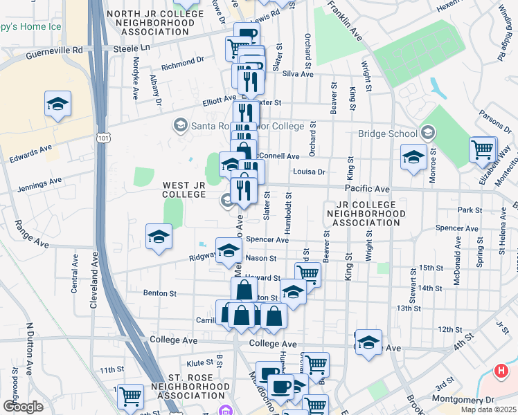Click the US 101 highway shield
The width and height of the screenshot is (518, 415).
point(103,138)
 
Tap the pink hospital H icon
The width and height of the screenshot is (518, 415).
point(503,371)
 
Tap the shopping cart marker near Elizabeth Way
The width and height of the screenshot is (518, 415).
point(482,149)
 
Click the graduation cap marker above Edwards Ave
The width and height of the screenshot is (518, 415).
point(57,104)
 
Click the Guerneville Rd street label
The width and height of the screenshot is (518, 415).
point(54,50)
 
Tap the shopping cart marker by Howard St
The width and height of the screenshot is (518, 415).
point(307,274)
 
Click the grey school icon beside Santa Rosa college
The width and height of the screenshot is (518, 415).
point(180,125)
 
